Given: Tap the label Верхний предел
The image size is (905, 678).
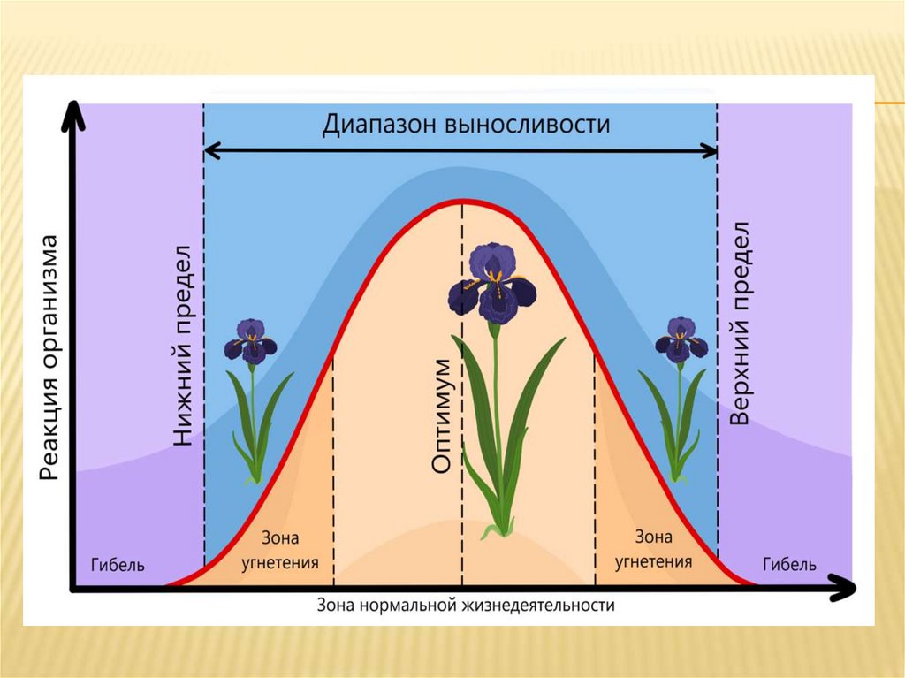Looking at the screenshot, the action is [x=740, y=324].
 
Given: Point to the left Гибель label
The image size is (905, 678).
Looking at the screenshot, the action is [x=118, y=565].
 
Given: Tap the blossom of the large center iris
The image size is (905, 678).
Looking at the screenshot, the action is [x=492, y=284].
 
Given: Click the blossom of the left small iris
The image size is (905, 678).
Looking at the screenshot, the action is [x=251, y=341].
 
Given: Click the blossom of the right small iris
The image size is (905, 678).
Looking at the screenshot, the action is [x=681, y=339].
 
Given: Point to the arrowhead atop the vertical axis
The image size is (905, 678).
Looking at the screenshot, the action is [x=75, y=113].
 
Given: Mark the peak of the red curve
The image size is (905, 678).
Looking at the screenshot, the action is [x=460, y=201].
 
